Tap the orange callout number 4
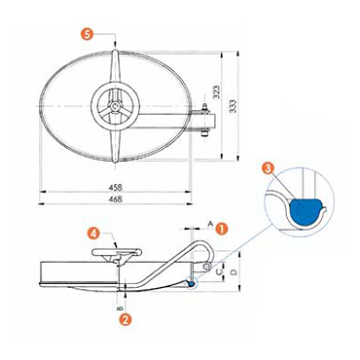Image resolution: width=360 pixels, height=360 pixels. click(x=93, y=234)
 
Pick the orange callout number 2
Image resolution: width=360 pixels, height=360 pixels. click(x=126, y=319)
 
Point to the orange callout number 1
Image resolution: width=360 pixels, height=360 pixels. click(x=222, y=229)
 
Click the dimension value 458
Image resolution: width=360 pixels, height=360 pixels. click(x=115, y=188)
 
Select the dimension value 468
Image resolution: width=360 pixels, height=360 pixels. click(x=115, y=199)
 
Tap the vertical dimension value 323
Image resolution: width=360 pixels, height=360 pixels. click(x=217, y=92)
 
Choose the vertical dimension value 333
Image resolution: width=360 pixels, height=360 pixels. click(x=233, y=106)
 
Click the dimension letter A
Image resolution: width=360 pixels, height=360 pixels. click(x=210, y=224)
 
